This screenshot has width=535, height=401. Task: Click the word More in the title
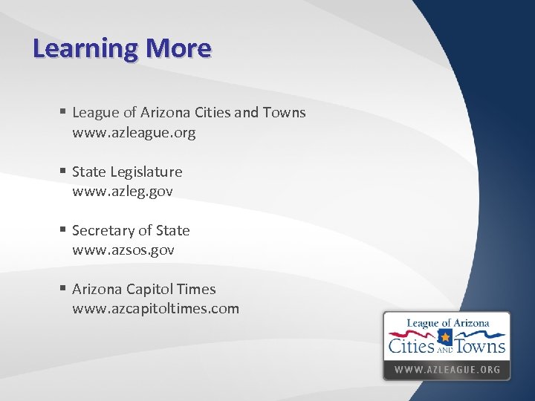[x=178, y=48]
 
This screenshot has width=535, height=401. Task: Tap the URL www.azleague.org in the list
[x=134, y=133]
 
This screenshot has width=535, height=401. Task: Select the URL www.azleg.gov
[x=122, y=192]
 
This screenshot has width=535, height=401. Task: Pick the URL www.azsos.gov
[x=123, y=250]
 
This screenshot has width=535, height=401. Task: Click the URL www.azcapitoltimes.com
[x=155, y=309]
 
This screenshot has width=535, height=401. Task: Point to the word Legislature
[x=146, y=172]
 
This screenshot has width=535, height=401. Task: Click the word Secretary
[x=103, y=230]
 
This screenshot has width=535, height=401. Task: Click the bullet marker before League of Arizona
[x=64, y=112]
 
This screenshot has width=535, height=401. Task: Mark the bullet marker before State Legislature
[x=64, y=172]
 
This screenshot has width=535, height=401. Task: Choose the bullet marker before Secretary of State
[x=64, y=230]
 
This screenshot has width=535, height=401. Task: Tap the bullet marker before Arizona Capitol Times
[x=64, y=289]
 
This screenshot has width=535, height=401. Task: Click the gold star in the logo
[x=446, y=338]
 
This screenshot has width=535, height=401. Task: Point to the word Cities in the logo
[x=412, y=345]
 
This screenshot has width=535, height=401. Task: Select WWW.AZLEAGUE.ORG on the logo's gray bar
[x=447, y=369]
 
